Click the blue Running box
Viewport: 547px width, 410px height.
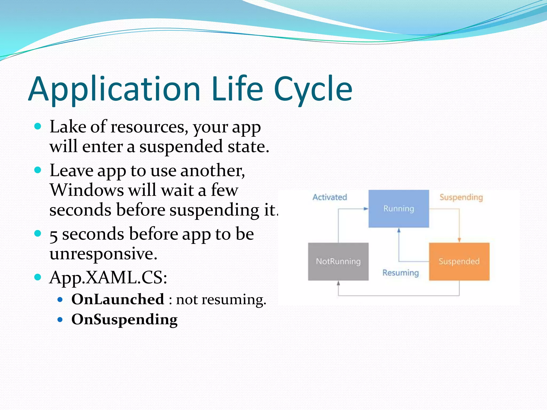(x=398, y=208)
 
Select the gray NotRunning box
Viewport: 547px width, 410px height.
(x=338, y=261)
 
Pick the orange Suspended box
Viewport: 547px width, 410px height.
(x=459, y=261)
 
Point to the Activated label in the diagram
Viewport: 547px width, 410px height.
(x=330, y=197)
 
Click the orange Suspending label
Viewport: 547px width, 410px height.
(x=461, y=197)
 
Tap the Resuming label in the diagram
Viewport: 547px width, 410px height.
(x=400, y=273)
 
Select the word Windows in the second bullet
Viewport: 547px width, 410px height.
(x=87, y=190)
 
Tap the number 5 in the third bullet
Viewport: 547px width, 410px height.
(x=53, y=235)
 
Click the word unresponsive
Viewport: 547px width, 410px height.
(x=103, y=254)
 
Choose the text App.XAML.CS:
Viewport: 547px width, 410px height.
(x=108, y=278)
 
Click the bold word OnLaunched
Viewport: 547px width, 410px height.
(x=118, y=299)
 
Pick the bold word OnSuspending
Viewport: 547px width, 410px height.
(x=124, y=320)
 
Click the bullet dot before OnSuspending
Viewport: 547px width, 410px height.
(x=60, y=319)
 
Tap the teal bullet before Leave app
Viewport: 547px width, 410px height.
(x=38, y=170)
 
